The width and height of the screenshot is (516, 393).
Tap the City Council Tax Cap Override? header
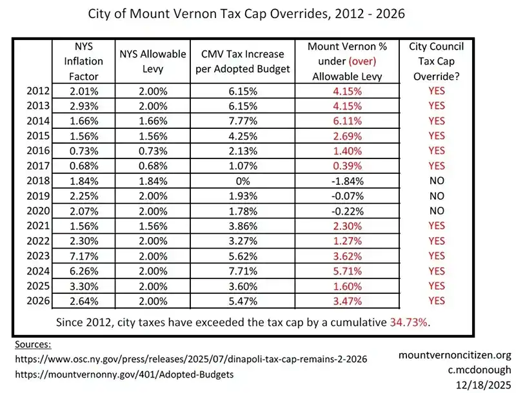pos(436,61)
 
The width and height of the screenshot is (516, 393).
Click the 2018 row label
pos(38,180)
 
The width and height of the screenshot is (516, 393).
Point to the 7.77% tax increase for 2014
pos(244,120)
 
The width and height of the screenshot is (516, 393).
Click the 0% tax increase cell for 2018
pos(244,180)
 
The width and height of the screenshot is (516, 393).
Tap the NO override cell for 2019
pos(436,195)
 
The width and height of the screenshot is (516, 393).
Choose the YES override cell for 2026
pos(436,300)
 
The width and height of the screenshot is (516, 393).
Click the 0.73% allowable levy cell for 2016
pos(153,151)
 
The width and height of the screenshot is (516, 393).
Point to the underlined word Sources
pos(32,345)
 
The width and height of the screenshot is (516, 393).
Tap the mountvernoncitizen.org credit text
pos(455,355)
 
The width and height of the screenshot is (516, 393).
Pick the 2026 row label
pos(38,300)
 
